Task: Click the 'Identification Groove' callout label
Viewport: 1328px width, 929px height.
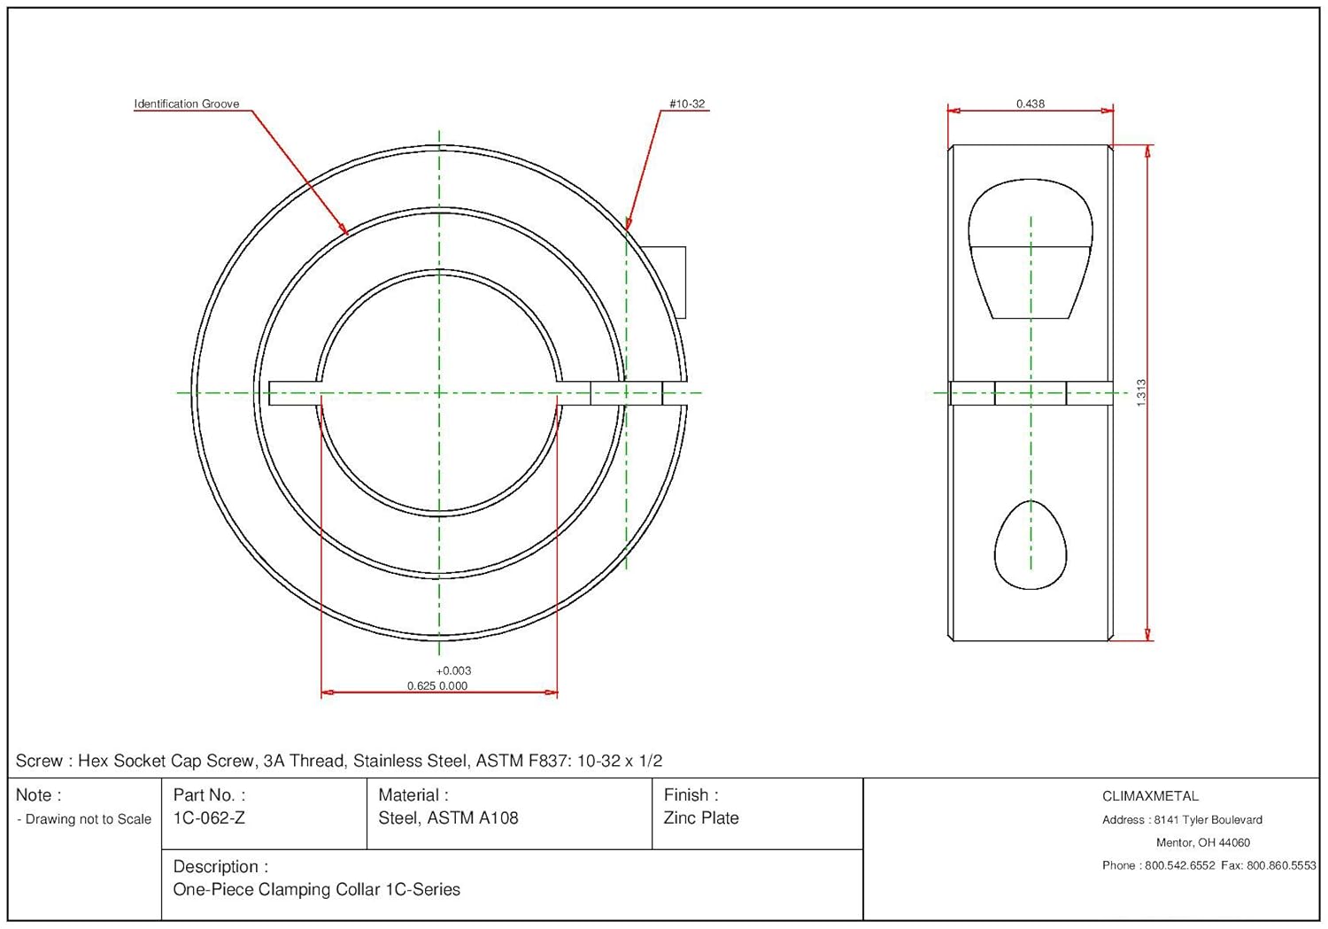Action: pos(186,104)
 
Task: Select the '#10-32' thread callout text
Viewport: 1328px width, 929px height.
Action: pos(687,104)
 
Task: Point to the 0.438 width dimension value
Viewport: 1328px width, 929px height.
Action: pos(1030,104)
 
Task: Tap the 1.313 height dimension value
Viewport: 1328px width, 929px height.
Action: pos(1141,392)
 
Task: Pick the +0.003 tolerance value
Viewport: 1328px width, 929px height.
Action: pos(453,670)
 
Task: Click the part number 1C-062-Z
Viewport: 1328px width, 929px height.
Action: pos(209,818)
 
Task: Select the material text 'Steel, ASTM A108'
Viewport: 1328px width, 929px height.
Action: pos(448,818)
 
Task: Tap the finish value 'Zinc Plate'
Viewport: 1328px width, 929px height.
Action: pos(700,818)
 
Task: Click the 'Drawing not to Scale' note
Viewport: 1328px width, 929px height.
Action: pos(88,819)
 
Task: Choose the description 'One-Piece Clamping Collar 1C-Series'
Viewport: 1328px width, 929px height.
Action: pos(316,889)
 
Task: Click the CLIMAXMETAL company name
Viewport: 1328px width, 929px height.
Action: pos(1150,796)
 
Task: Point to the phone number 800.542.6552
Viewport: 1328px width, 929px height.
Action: pos(1179,865)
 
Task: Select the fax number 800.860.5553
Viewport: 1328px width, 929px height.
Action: pos(1281,865)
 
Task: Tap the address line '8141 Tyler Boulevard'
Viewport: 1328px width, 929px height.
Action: pos(1208,820)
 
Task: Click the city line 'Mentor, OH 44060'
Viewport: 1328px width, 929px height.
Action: pos(1202,842)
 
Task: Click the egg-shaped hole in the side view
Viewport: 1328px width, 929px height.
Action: pos(1031,547)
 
